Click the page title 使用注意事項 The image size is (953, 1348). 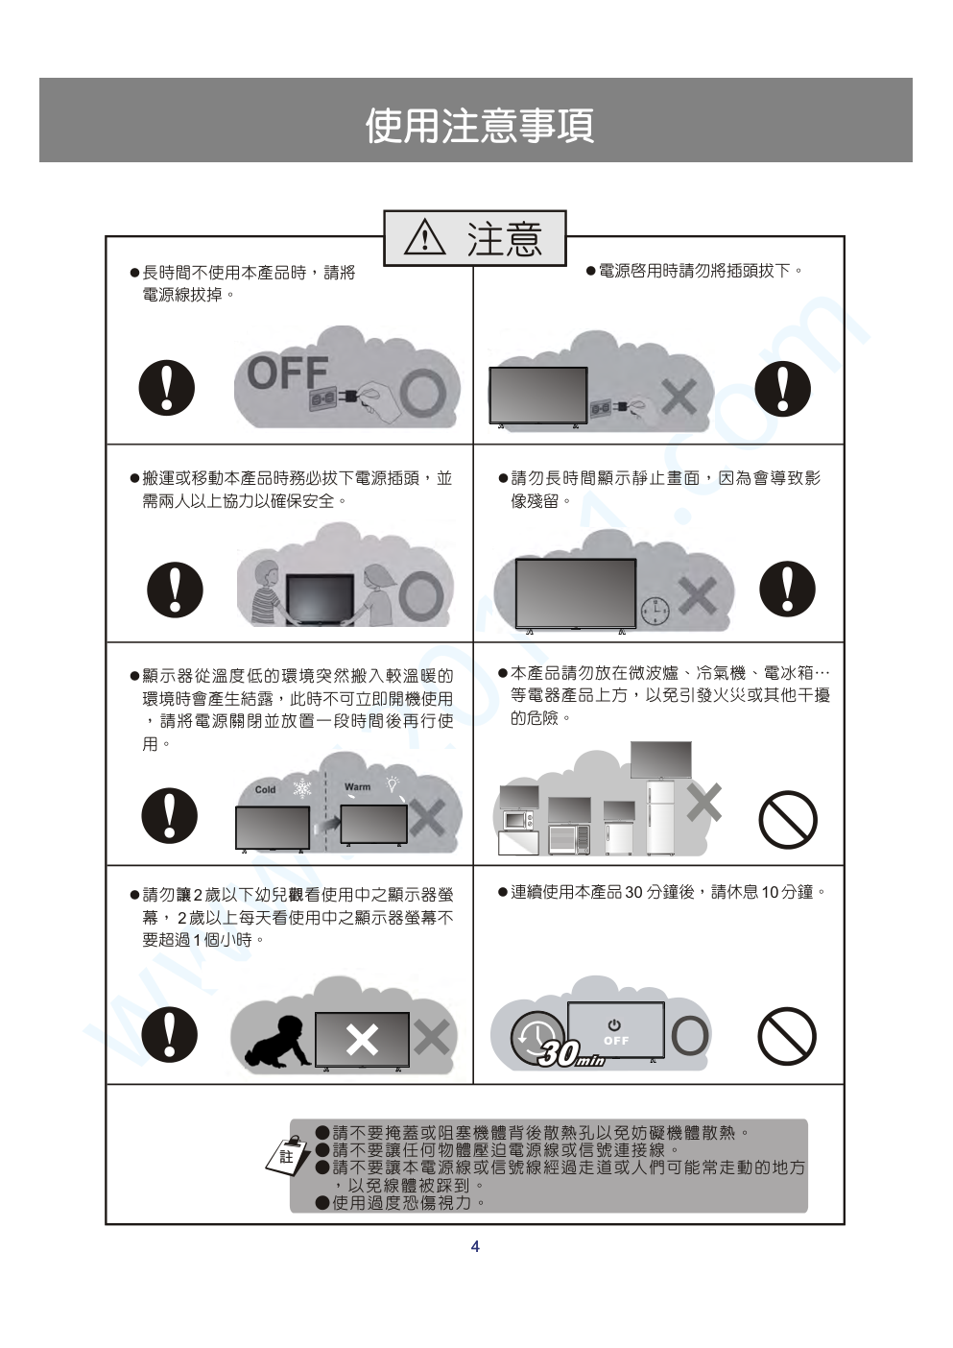[480, 126]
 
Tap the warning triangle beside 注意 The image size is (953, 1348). [425, 237]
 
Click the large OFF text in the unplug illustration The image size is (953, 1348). [288, 373]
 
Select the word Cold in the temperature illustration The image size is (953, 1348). [265, 789]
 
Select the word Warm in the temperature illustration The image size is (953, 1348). [357, 786]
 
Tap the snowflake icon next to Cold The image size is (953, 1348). [302, 788]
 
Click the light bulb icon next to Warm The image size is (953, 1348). [393, 782]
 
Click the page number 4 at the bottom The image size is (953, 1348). [475, 1246]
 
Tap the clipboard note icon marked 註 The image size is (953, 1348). [289, 1156]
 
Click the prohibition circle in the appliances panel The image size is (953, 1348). [788, 819]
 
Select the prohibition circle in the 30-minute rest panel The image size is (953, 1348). [787, 1036]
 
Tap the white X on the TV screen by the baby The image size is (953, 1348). [362, 1039]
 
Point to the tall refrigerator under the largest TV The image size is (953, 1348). [660, 817]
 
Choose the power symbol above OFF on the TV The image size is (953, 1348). [614, 1024]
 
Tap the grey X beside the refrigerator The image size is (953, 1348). [703, 803]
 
